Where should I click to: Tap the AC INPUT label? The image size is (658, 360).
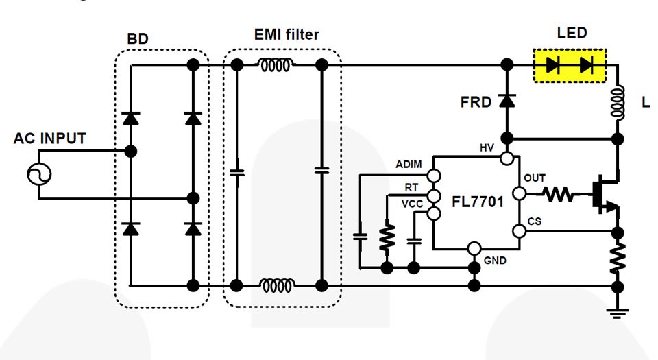tap(50, 139)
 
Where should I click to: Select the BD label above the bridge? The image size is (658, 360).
tap(138, 39)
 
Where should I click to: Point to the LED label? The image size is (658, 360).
tap(572, 33)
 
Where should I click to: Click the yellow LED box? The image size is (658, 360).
tap(570, 65)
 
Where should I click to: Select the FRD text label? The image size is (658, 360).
tap(476, 103)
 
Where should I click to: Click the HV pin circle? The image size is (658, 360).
tap(507, 159)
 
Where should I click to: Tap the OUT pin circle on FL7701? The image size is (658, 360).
tap(520, 194)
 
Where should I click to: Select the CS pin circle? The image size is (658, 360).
tap(520, 232)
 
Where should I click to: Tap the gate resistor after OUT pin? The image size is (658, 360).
tap(559, 195)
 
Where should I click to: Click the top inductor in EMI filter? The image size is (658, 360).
tap(276, 65)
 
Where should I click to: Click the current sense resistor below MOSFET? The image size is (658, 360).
tap(618, 258)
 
